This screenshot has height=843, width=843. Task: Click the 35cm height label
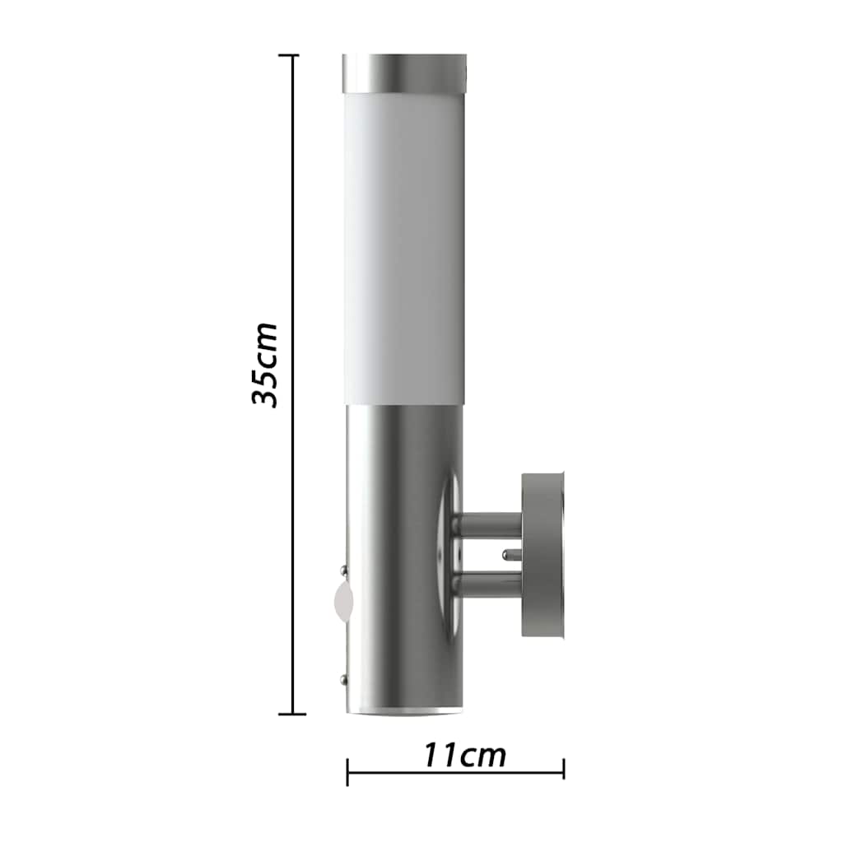click(264, 366)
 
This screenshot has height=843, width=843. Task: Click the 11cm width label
click(465, 755)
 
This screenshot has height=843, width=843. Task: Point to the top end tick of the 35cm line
click(292, 55)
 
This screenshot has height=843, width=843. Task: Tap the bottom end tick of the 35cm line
click(292, 714)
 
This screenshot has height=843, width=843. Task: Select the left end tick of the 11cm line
click(347, 772)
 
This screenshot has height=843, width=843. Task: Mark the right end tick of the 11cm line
click(563, 769)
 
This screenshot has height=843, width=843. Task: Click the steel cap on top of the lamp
click(404, 73)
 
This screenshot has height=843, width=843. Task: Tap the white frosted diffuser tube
click(404, 249)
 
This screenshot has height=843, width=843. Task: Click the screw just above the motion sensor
click(342, 569)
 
